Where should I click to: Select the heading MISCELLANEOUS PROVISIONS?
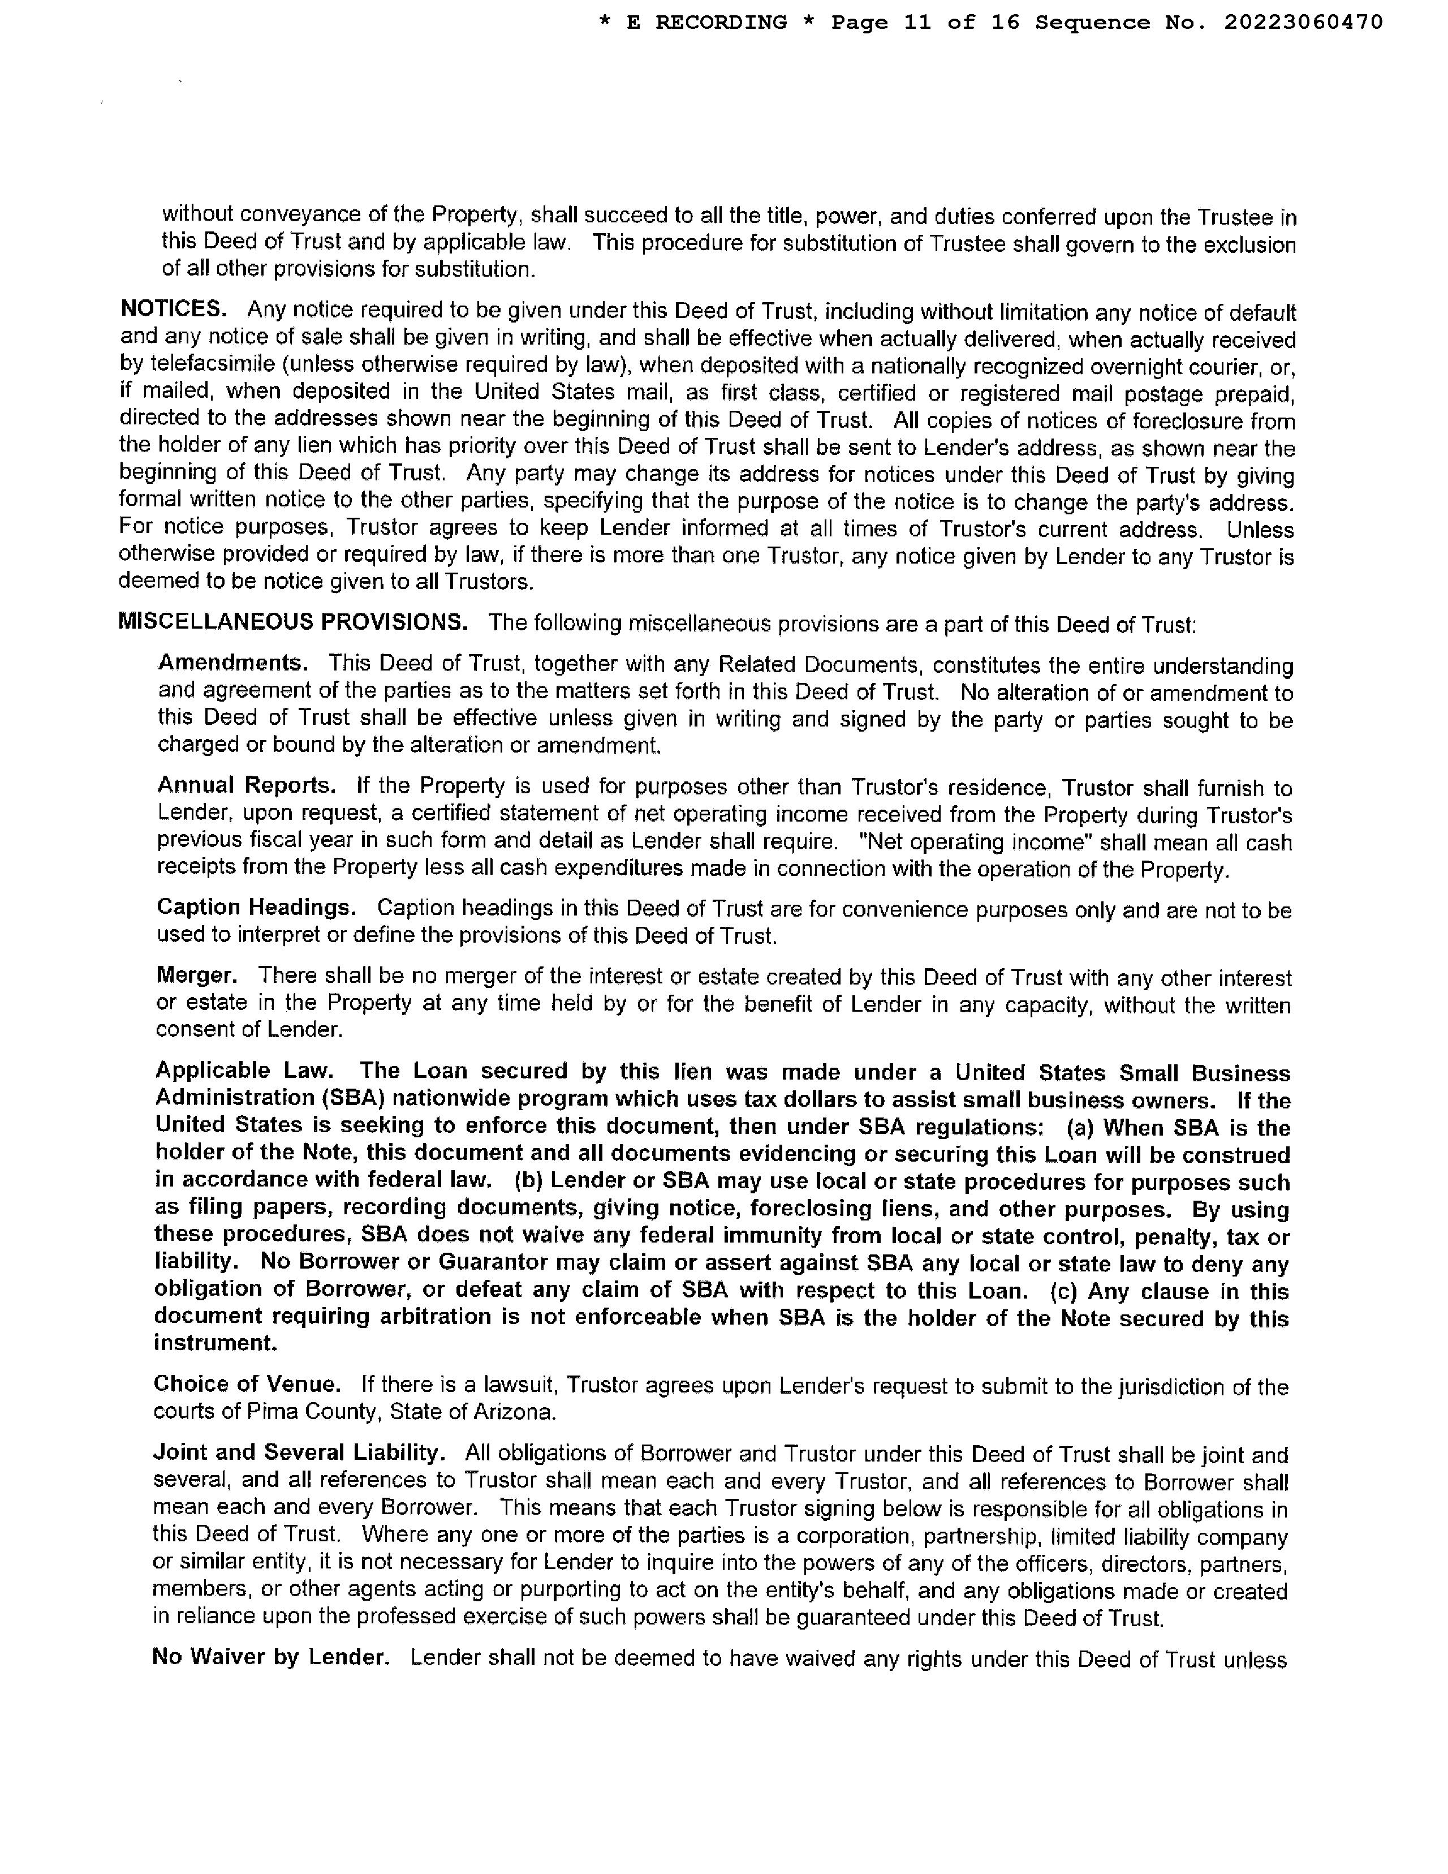coord(292,622)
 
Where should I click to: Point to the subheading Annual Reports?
coord(246,786)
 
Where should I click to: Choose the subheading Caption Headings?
coord(256,908)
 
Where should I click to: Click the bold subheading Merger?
coord(196,975)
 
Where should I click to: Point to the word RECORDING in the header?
coord(721,22)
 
